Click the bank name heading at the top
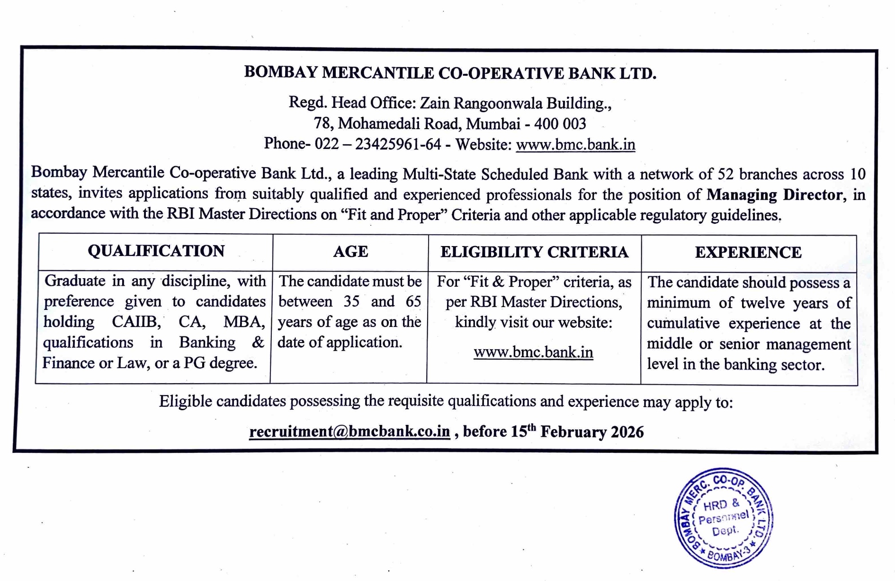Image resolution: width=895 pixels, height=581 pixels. [x=450, y=73]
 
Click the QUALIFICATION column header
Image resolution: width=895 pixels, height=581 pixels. [x=156, y=251]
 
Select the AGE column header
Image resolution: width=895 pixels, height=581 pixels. [x=350, y=252]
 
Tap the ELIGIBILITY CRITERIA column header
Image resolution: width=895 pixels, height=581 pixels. [x=534, y=252]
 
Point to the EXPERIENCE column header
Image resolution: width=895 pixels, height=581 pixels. [x=748, y=253]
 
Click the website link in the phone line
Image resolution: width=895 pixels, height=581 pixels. [x=575, y=144]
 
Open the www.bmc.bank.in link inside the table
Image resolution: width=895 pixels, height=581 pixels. [x=533, y=352]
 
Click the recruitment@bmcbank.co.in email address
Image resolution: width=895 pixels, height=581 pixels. [x=349, y=431]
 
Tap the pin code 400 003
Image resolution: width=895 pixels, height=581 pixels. [x=560, y=124]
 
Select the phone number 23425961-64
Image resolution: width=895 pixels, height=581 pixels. [x=398, y=144]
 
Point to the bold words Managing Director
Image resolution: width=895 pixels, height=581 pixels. [x=774, y=194]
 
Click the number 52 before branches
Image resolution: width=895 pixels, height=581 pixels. [x=725, y=174]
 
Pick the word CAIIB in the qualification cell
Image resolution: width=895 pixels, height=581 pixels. [x=136, y=322]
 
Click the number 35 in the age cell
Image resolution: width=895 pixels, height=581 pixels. [x=351, y=301]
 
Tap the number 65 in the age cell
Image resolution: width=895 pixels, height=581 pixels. [x=413, y=301]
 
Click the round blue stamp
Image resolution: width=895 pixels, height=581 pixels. [x=724, y=518]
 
